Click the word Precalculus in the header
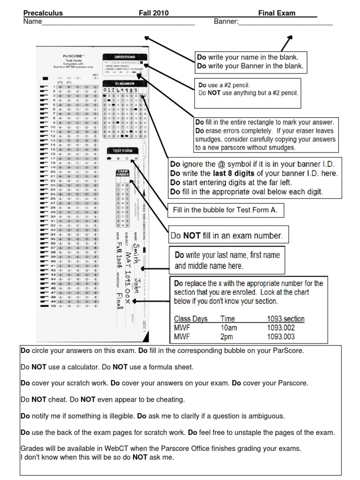(43, 13)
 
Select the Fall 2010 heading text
(153, 13)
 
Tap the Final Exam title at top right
(277, 13)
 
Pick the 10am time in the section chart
(228, 328)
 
